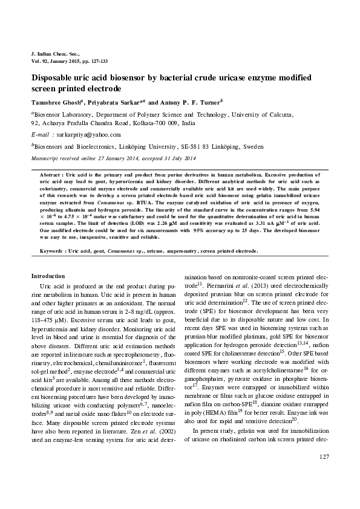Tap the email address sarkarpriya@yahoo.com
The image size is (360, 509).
(x=87, y=135)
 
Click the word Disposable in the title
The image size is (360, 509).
(x=55, y=79)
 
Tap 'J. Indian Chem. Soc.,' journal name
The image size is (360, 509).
(x=55, y=55)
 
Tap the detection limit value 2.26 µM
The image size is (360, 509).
(x=149, y=224)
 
